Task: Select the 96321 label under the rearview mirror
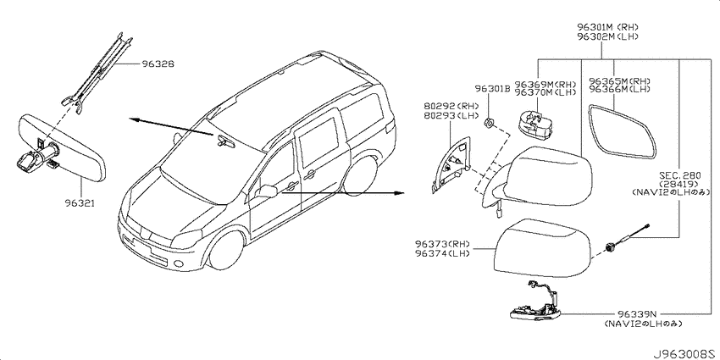80,202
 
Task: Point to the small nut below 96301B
489,122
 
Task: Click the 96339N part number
636,314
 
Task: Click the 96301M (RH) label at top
609,27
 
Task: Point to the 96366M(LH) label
619,90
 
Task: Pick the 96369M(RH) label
546,84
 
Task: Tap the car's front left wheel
226,250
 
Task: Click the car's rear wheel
362,176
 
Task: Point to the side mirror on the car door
266,191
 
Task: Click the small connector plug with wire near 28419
627,239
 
